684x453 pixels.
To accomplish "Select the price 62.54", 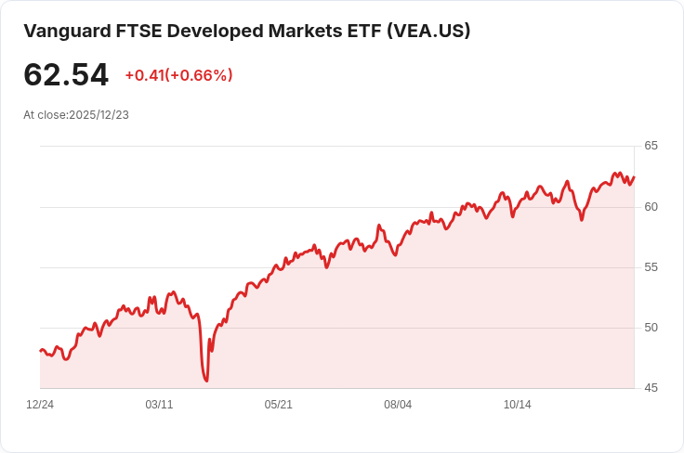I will click(66, 75).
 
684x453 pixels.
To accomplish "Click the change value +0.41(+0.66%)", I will click(178, 75).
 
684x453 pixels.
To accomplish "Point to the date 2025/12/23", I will click(99, 115).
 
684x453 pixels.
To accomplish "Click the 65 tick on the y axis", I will click(651, 146).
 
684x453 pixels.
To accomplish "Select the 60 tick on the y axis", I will click(651, 207).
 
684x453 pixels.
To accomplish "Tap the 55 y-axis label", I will click(651, 267).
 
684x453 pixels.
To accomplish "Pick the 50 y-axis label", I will click(651, 328).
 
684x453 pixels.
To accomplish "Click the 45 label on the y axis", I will click(651, 388).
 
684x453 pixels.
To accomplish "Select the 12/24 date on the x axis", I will click(40, 405).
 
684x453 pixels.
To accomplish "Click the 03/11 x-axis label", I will click(160, 405).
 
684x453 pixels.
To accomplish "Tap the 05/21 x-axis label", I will click(279, 405).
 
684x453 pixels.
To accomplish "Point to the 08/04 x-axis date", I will click(398, 405).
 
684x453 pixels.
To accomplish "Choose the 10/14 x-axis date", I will click(517, 405).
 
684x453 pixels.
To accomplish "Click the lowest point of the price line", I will click(206, 381).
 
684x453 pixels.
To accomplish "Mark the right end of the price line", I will click(634, 177).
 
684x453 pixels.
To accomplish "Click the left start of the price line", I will click(40, 351).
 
